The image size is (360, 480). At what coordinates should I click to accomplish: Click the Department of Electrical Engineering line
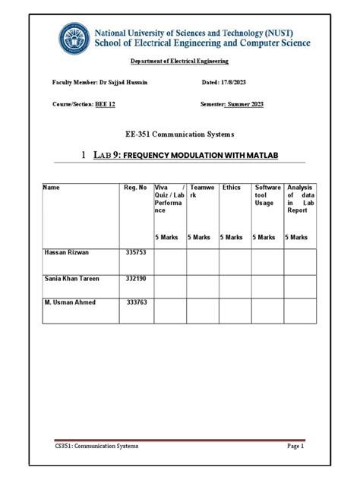click(179, 61)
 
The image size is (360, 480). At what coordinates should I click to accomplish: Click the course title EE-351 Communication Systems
click(179, 134)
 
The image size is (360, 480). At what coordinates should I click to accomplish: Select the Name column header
click(51, 187)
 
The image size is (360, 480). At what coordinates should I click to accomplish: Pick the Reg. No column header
click(135, 187)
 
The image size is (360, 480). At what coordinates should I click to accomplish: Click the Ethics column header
click(231, 187)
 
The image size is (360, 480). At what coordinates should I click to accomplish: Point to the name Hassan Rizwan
click(67, 251)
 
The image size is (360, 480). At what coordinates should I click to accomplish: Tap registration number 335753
click(136, 251)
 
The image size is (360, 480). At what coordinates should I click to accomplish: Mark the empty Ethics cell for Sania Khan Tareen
click(235, 286)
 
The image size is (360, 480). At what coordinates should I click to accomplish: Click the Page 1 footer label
click(295, 447)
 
